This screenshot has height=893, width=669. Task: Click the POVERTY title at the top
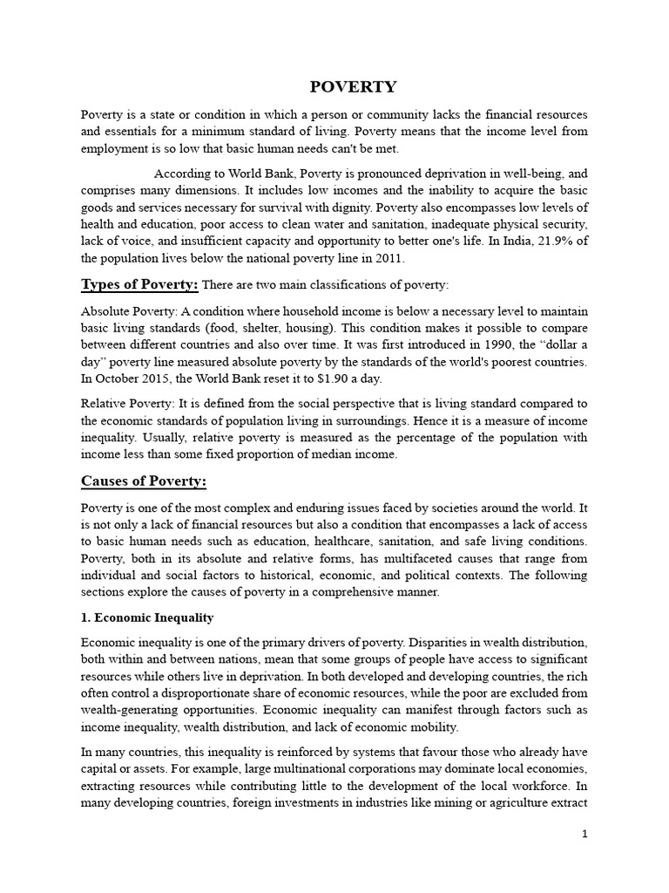click(354, 86)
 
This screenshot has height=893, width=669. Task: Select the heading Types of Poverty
click(139, 284)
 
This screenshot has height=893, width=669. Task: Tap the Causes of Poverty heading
click(144, 481)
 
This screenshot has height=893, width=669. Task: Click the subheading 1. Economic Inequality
click(147, 617)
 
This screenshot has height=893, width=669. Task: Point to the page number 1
click(585, 835)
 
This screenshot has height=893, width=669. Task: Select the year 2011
click(389, 258)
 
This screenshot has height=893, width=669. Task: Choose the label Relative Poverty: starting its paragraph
click(127, 403)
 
